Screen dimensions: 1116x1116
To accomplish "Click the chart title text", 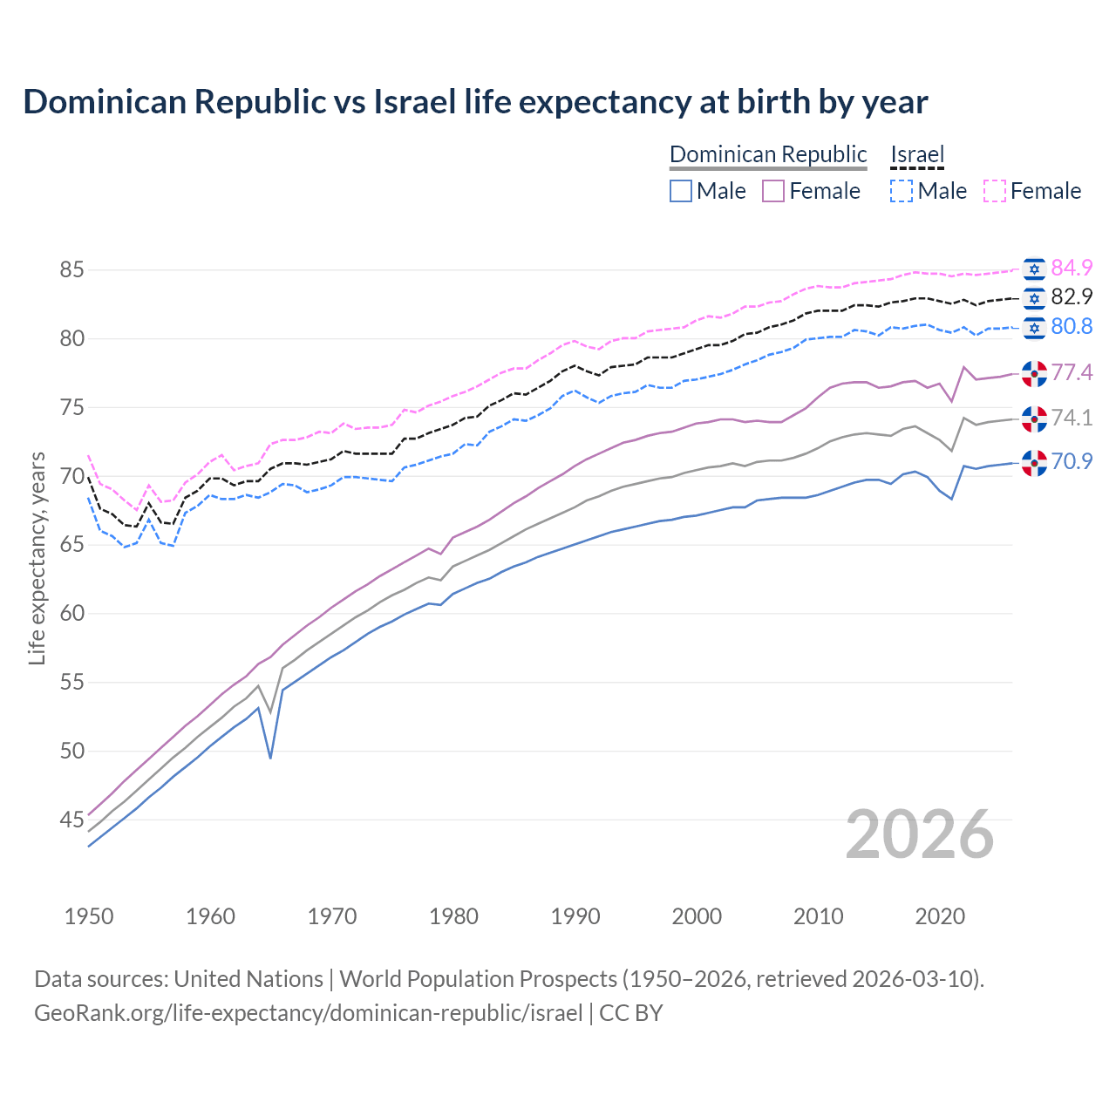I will coord(475,102).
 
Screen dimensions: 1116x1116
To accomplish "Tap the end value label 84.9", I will coord(1072,268).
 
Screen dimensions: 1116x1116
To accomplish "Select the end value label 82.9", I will coord(1072,296).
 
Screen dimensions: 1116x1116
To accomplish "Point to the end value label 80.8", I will coord(1072,326).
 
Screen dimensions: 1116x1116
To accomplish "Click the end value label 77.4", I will coord(1072,372).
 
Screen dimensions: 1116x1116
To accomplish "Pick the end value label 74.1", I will coord(1072,418).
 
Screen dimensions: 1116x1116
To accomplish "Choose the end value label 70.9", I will coord(1072,461).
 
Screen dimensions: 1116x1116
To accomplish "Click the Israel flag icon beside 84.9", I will coord(1034,269).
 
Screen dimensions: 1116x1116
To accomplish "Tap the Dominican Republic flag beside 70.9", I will coord(1034,462).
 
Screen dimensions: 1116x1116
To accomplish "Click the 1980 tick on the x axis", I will coord(453,916).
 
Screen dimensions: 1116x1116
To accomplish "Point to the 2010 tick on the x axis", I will coord(819,916).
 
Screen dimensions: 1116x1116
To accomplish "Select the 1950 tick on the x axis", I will coord(89,916).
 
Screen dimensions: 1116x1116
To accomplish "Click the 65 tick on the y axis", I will coord(71,545).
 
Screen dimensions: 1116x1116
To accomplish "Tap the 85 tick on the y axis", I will coord(71,270).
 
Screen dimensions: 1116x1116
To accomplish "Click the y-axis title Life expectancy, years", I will coord(37,558).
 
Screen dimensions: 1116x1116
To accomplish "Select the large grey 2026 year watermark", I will coord(919,834).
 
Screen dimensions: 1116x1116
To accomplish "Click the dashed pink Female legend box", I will coord(995,191).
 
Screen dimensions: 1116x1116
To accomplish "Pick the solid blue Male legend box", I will coord(681,191).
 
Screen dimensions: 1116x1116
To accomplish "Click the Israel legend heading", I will coord(917,155).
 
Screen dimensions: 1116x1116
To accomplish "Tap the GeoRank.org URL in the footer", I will coord(308,1013).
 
